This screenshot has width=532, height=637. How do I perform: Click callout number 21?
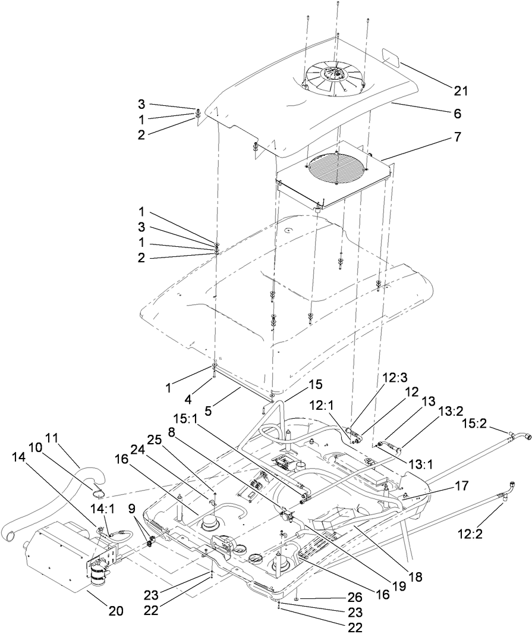pyautogui.click(x=461, y=91)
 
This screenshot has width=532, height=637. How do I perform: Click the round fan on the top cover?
pyautogui.click(x=332, y=74)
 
